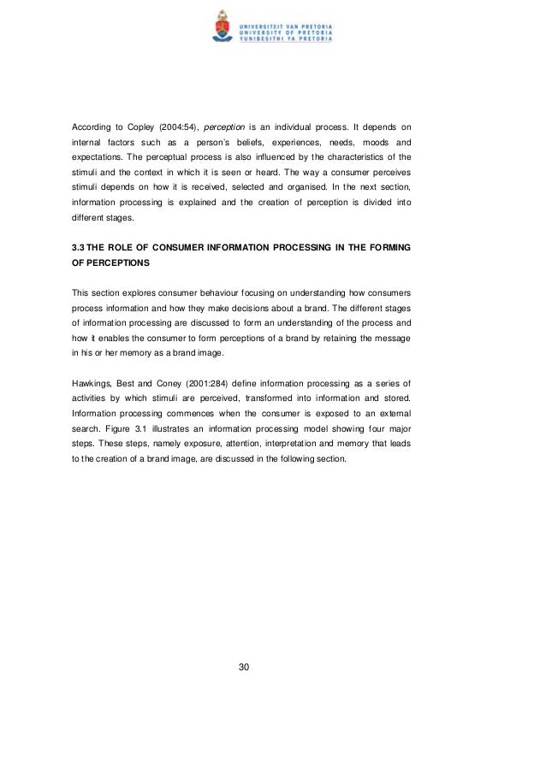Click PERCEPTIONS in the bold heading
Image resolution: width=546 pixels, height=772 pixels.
(110, 263)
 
